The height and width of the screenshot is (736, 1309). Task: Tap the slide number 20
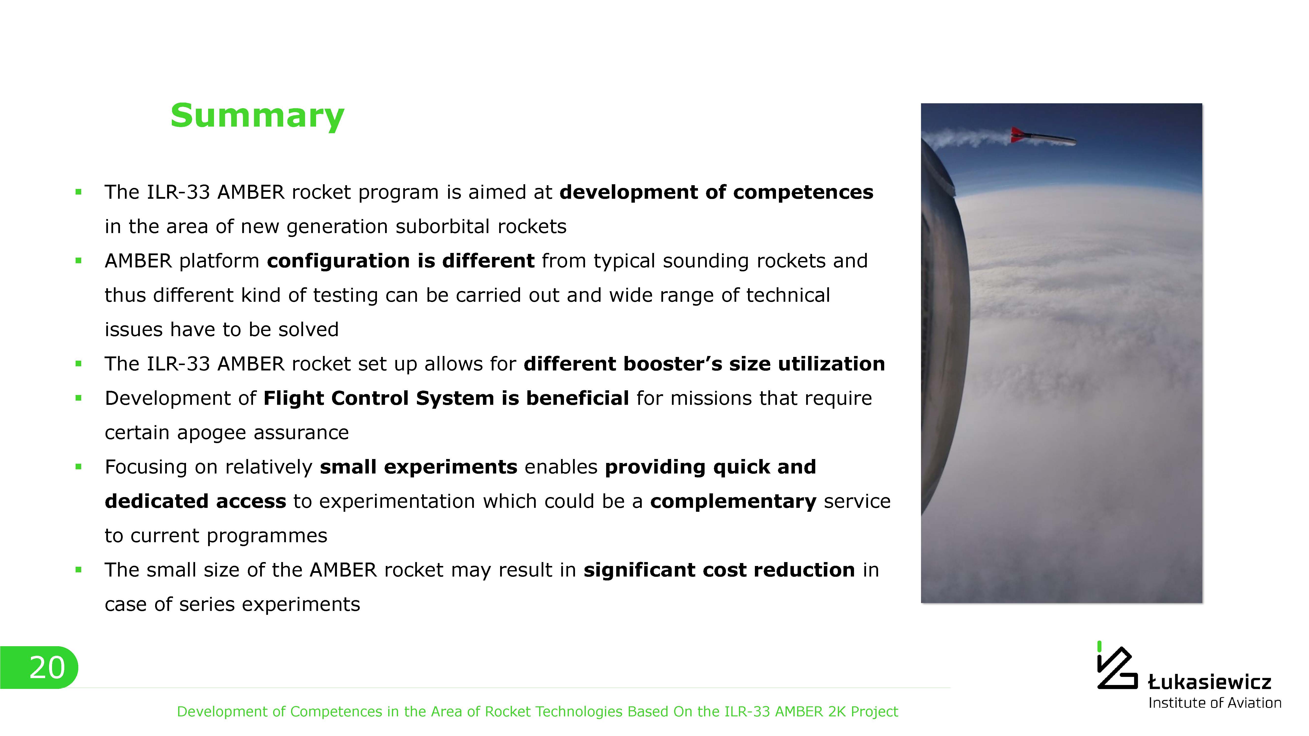click(x=47, y=667)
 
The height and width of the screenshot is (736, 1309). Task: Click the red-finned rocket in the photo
click(x=1043, y=136)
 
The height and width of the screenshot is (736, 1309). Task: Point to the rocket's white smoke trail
click(x=965, y=137)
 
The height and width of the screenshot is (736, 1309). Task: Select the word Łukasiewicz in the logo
click(x=1209, y=682)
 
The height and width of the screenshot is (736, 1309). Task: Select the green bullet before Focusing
click(x=78, y=467)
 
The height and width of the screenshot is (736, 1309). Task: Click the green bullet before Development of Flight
click(x=78, y=398)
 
